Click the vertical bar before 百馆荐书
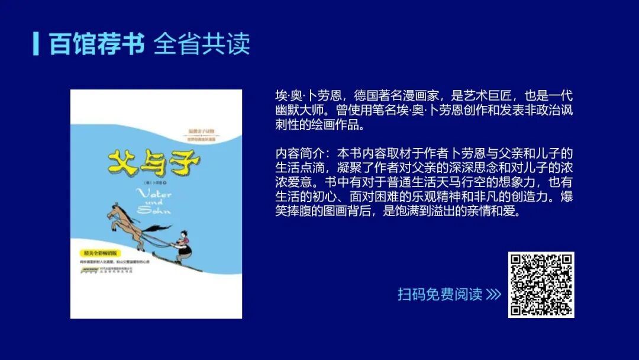click(x=36, y=43)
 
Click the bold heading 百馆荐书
click(x=97, y=43)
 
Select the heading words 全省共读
click(x=202, y=43)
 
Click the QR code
click(x=541, y=284)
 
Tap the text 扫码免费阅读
click(x=440, y=294)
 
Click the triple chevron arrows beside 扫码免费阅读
click(x=493, y=294)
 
